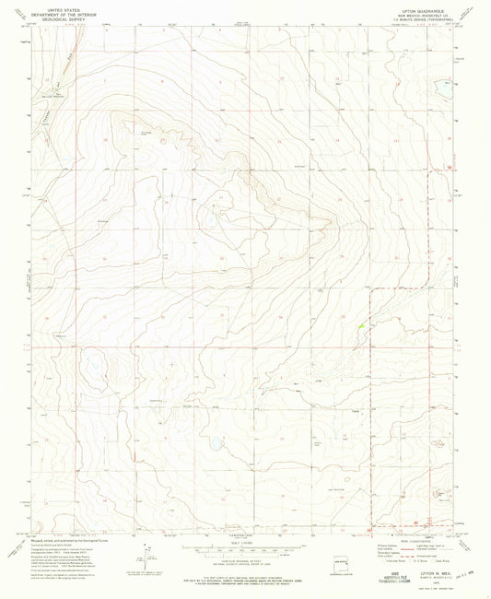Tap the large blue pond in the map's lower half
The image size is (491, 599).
click(215, 443)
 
